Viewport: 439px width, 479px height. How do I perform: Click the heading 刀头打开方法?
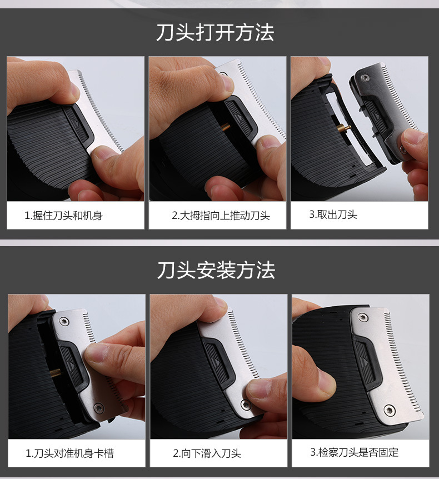tap(215, 32)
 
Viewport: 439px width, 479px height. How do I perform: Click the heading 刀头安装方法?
tap(216, 270)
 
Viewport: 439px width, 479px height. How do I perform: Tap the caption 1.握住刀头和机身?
tap(63, 216)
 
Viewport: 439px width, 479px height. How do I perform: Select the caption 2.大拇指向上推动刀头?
tap(221, 216)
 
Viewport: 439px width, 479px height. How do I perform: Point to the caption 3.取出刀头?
tap(333, 214)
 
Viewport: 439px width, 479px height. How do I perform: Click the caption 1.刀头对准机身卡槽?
tap(69, 453)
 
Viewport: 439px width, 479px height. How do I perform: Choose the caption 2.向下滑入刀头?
tap(207, 453)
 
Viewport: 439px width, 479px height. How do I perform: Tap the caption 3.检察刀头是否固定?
tap(355, 452)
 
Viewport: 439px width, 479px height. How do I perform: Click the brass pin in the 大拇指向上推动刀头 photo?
tap(226, 126)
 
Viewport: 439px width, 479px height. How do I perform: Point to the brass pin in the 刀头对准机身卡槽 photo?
tap(56, 373)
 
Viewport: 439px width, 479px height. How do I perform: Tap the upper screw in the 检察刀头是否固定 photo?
tap(363, 317)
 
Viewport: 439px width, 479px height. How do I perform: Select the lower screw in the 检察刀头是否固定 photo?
tap(389, 410)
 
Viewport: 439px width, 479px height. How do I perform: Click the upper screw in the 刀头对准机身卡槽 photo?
tap(64, 321)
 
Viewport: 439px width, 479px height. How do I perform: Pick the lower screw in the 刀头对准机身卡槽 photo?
tap(98, 407)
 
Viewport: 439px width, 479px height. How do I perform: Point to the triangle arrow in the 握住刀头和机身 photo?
tap(76, 123)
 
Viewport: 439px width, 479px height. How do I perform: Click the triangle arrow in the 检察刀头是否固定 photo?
tap(366, 361)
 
